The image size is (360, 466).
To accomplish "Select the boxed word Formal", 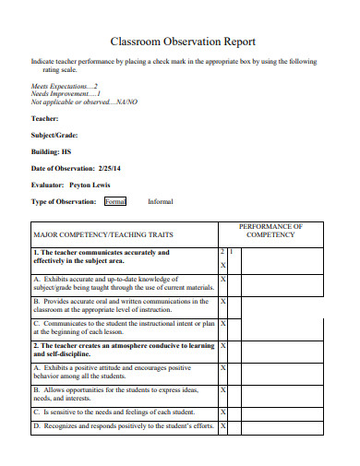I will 115,201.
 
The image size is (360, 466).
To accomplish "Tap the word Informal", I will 160,201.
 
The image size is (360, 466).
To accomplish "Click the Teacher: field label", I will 44,118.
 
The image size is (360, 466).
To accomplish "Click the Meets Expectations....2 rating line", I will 65,85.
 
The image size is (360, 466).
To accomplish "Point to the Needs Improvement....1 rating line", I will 66,93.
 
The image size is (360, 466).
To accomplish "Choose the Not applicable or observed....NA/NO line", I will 83,102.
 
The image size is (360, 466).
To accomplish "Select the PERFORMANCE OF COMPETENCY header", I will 270,230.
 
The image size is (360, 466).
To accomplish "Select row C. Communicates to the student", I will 124,328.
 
